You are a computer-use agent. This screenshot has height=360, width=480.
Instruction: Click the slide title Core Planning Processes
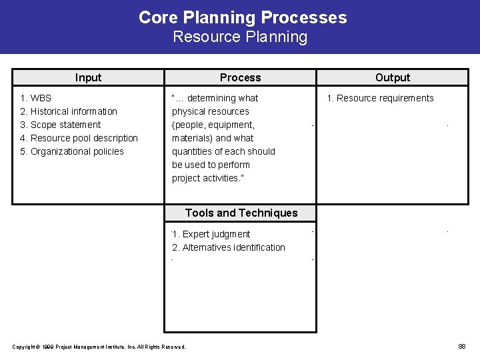click(x=243, y=17)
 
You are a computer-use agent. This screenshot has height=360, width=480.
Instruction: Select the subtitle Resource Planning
click(x=240, y=37)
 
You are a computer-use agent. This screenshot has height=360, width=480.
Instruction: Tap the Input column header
click(x=88, y=77)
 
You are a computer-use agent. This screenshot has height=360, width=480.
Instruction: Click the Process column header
click(x=240, y=77)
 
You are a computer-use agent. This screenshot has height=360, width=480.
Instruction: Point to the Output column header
click(x=393, y=77)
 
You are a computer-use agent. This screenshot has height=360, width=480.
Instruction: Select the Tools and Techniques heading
click(x=241, y=213)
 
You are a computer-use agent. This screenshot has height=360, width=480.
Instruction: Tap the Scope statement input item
click(x=61, y=125)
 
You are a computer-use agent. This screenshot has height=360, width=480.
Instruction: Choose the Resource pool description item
click(x=79, y=138)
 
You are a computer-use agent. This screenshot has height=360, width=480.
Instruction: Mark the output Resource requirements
click(x=380, y=98)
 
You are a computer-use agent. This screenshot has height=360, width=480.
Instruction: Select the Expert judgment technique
click(x=211, y=234)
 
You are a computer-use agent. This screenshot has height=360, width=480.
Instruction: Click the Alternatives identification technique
click(x=229, y=247)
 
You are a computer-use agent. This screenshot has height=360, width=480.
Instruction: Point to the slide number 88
click(x=461, y=346)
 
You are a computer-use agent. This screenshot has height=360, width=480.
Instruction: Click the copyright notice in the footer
click(x=99, y=346)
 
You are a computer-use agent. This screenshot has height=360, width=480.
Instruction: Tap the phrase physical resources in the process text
click(x=210, y=111)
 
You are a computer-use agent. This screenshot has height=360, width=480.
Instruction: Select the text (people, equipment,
click(x=213, y=125)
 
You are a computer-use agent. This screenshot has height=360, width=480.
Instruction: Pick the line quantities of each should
click(x=223, y=151)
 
